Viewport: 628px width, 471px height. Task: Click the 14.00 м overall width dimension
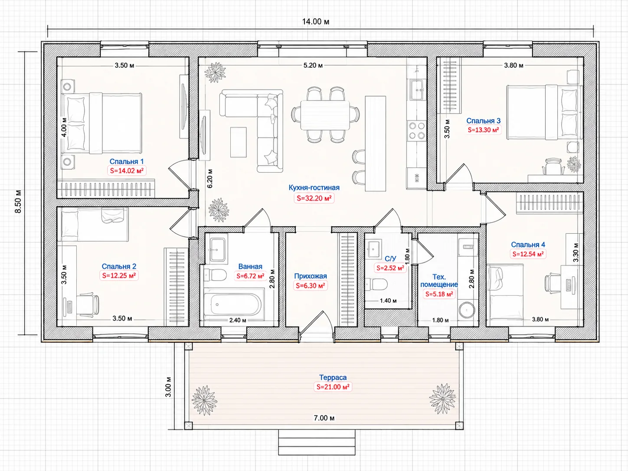(x=316, y=22)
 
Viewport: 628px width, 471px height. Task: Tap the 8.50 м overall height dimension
(x=18, y=201)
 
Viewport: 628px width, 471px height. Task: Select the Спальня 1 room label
(x=127, y=162)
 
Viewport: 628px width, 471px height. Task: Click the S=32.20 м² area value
(x=314, y=198)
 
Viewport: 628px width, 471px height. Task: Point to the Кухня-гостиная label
(x=314, y=188)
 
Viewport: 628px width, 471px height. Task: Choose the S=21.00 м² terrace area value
(x=333, y=387)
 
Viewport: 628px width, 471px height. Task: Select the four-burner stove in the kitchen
(x=416, y=131)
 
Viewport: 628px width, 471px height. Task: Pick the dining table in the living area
(x=325, y=115)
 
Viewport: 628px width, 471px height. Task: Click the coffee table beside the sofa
(x=239, y=142)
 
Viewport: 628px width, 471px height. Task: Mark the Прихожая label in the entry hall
(x=311, y=276)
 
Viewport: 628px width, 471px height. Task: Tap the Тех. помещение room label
(x=439, y=281)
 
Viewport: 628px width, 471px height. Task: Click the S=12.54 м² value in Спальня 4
(x=528, y=254)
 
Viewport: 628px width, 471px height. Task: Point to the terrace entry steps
(x=317, y=442)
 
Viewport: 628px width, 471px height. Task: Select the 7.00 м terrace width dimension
(x=324, y=418)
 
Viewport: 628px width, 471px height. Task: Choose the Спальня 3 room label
(x=483, y=121)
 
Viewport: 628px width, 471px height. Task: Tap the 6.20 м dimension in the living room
(x=210, y=178)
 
